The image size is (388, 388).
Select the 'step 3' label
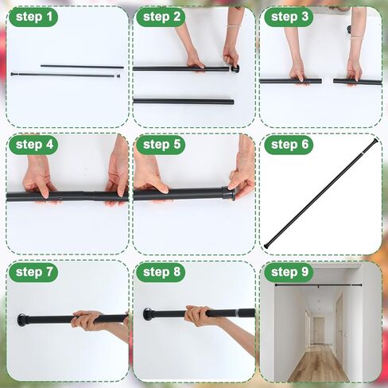pos(288,17)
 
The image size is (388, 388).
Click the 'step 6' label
pos(288,145)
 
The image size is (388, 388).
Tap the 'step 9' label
pos(288,273)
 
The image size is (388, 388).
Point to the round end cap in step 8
pos(149,314)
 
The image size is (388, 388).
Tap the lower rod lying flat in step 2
pos(183,101)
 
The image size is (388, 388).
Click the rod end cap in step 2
pos(235,69)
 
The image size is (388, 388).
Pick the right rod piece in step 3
pos(357,81)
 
